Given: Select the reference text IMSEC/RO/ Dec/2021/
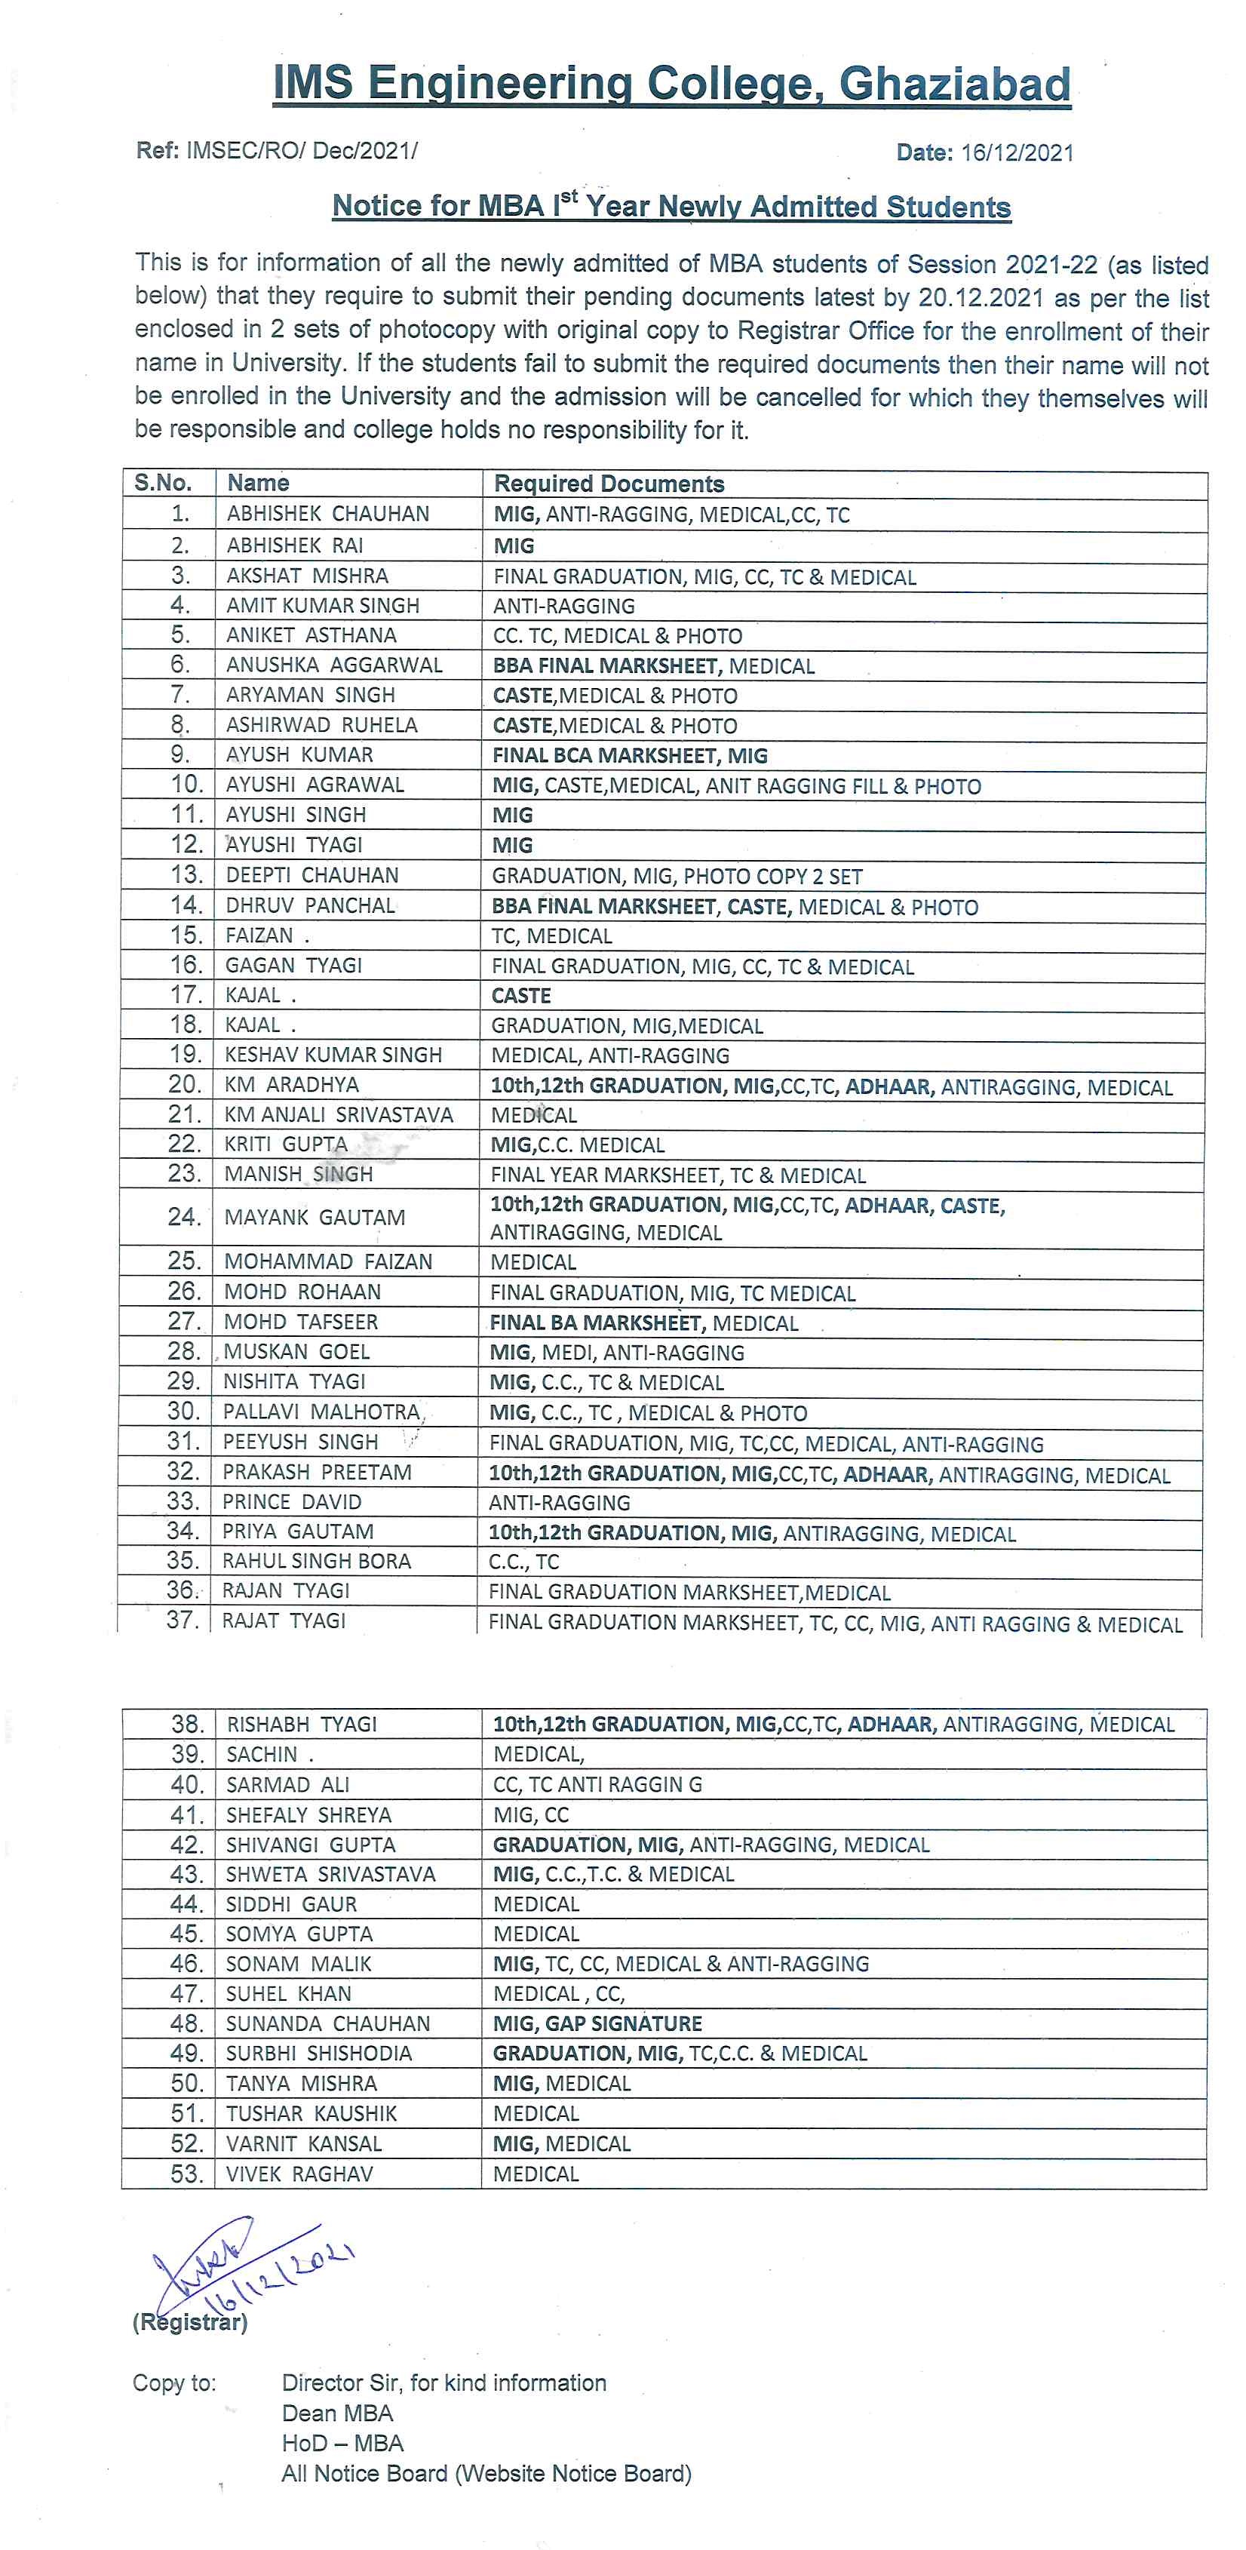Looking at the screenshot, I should pyautogui.click(x=302, y=150).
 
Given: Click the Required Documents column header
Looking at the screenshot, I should pyautogui.click(x=609, y=484).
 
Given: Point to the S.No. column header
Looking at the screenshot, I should pyautogui.click(x=164, y=483).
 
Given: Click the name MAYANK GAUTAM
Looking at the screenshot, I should pyautogui.click(x=315, y=1218).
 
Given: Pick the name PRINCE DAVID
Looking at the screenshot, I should pyautogui.click(x=291, y=1501).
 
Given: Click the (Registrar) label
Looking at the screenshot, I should pyautogui.click(x=190, y=2322).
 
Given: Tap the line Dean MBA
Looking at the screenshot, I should pyautogui.click(x=336, y=2413).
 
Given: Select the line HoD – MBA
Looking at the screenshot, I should pyautogui.click(x=342, y=2443).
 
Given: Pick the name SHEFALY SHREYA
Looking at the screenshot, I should pyautogui.click(x=308, y=1814).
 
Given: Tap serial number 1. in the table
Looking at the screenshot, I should pyautogui.click(x=180, y=514).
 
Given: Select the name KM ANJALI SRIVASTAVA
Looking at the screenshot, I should pyautogui.click(x=339, y=1114).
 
